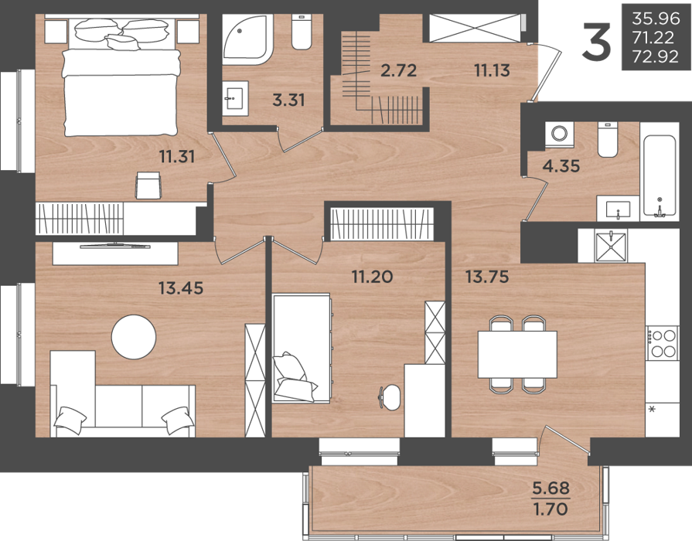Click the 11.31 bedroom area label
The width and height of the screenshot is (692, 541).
click(177, 157)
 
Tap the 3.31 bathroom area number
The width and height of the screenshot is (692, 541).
click(288, 100)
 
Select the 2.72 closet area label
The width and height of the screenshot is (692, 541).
click(398, 70)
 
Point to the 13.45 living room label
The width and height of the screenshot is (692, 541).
click(181, 288)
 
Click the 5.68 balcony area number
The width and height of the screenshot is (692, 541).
click(551, 488)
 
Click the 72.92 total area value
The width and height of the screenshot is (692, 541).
click(656, 57)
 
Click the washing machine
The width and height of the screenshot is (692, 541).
click(559, 134)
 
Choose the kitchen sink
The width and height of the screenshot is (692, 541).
click(611, 247)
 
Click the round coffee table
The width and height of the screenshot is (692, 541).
click(134, 337)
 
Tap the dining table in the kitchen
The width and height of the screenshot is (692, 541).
click(517, 354)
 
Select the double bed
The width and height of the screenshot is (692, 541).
click(121, 77)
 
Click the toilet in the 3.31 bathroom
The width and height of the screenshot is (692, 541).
click(302, 32)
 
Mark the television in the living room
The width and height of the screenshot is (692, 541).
click(115, 246)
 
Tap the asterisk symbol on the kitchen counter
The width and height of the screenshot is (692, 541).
click(651, 410)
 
